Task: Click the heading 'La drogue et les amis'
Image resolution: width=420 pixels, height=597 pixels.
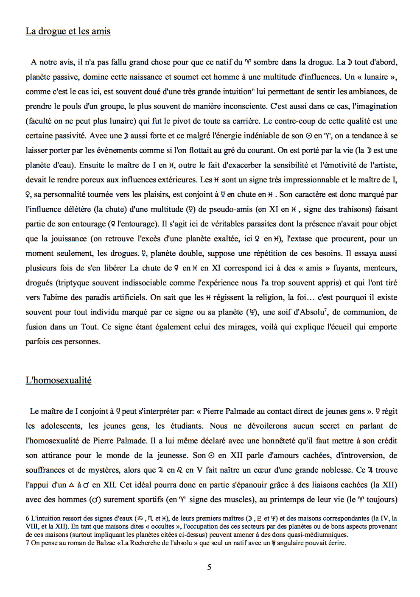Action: [68, 31]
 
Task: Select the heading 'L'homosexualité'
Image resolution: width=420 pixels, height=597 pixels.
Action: [59, 380]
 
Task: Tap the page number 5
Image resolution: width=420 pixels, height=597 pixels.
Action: [209, 567]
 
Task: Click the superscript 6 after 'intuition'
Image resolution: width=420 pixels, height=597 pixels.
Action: [253, 89]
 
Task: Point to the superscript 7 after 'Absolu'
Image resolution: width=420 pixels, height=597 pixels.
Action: [325, 310]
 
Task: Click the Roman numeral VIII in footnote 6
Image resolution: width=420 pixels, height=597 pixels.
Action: [32, 527]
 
